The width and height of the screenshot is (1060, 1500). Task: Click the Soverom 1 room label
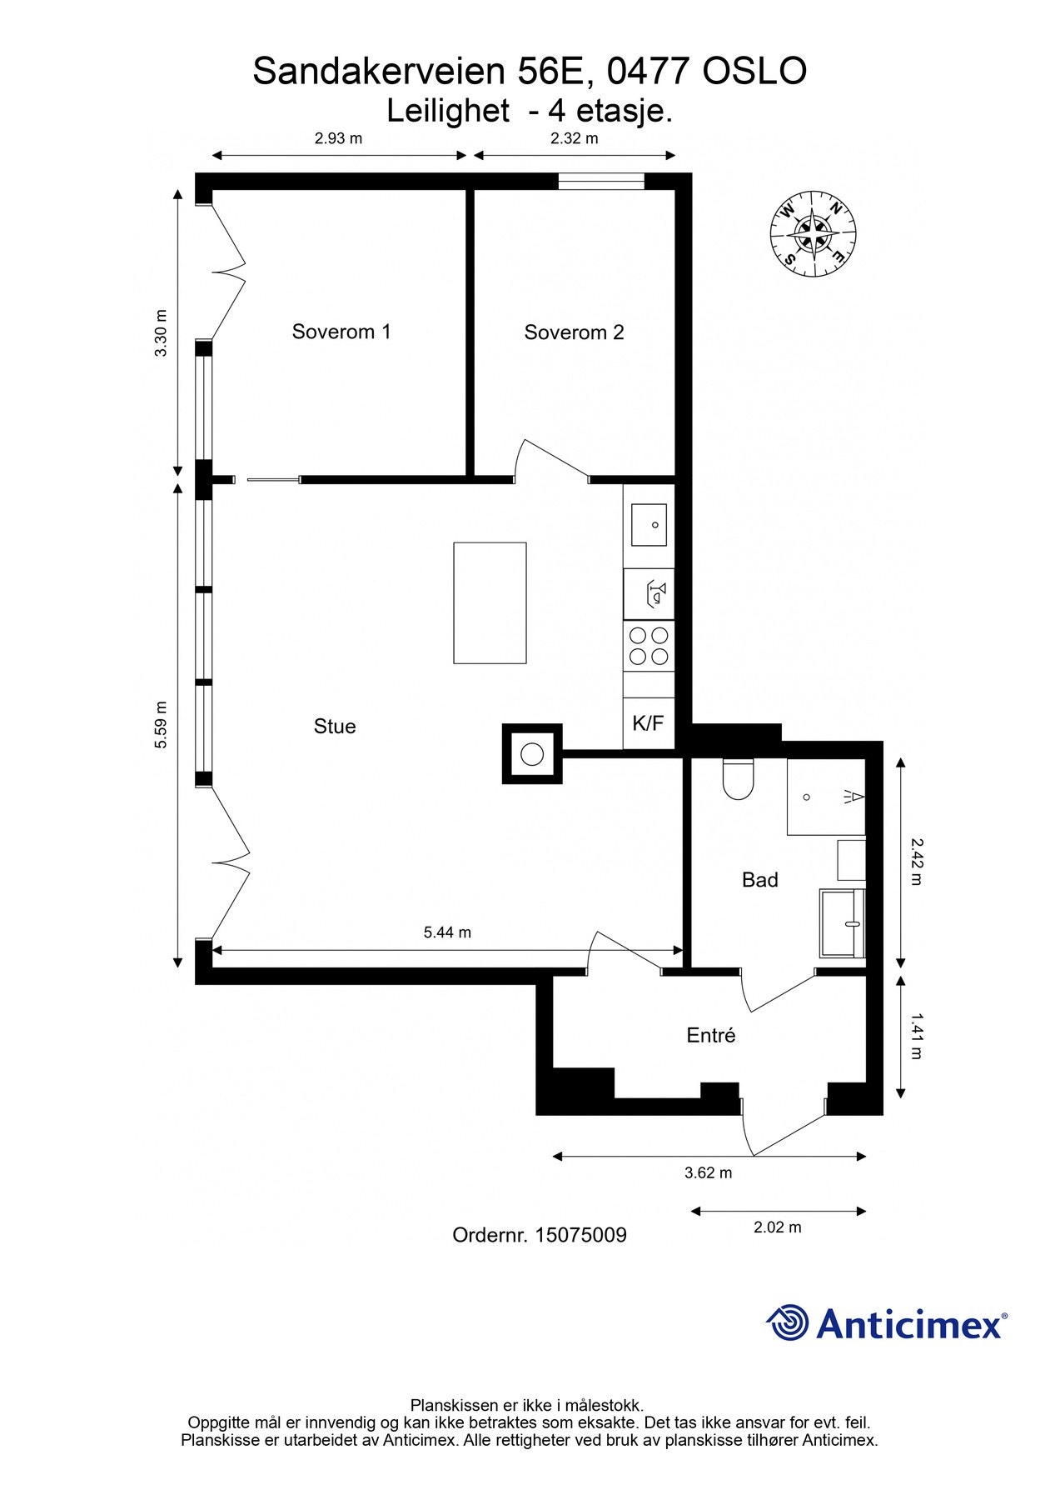pos(341,332)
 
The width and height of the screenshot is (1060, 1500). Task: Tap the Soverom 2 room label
pos(574,332)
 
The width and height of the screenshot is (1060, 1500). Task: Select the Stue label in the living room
pos(335,727)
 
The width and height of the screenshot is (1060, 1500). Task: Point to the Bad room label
pos(759,880)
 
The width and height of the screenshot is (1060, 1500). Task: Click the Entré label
pos(711,1036)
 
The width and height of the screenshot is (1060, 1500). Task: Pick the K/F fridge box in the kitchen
pos(648,723)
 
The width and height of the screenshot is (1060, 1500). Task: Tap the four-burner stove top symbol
pos(649,645)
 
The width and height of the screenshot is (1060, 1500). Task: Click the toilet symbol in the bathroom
pos(738,779)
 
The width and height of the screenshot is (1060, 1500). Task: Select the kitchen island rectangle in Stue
pos(490,602)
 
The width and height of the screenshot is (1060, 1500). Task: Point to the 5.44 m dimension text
pos(447,932)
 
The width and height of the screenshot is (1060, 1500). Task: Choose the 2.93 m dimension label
pos(338,138)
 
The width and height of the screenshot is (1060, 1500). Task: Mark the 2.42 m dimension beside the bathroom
pos(915,862)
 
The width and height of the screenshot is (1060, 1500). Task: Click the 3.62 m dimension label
pos(708,1173)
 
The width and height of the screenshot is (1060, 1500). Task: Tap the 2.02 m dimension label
pos(777,1227)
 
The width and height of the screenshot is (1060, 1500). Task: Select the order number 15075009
pos(580,1236)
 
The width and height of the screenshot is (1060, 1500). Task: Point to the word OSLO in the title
pos(754,72)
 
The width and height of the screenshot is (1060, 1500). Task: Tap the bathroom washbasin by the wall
pos(843,922)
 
